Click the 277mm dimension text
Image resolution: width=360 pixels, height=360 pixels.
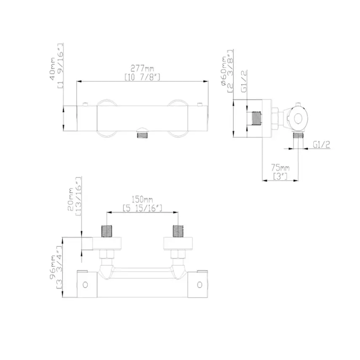click(x=142, y=68)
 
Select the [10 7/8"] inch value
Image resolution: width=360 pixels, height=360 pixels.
click(x=142, y=76)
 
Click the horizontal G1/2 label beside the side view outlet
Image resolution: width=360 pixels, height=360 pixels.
click(x=321, y=144)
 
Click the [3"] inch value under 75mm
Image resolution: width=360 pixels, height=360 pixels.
click(x=280, y=176)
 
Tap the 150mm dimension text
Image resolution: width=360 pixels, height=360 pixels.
click(x=142, y=199)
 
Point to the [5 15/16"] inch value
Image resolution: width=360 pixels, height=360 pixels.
click(x=142, y=208)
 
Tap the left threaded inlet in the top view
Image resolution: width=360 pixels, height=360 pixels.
click(x=107, y=231)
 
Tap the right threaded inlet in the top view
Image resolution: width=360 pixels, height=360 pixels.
click(x=179, y=231)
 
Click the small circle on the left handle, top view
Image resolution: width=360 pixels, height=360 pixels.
click(x=85, y=284)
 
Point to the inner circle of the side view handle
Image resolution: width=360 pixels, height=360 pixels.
click(x=298, y=118)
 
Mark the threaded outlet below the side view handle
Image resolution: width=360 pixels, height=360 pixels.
click(x=299, y=136)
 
